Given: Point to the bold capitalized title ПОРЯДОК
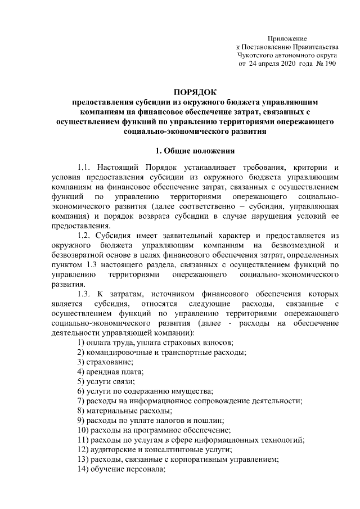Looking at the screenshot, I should [x=195, y=92].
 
